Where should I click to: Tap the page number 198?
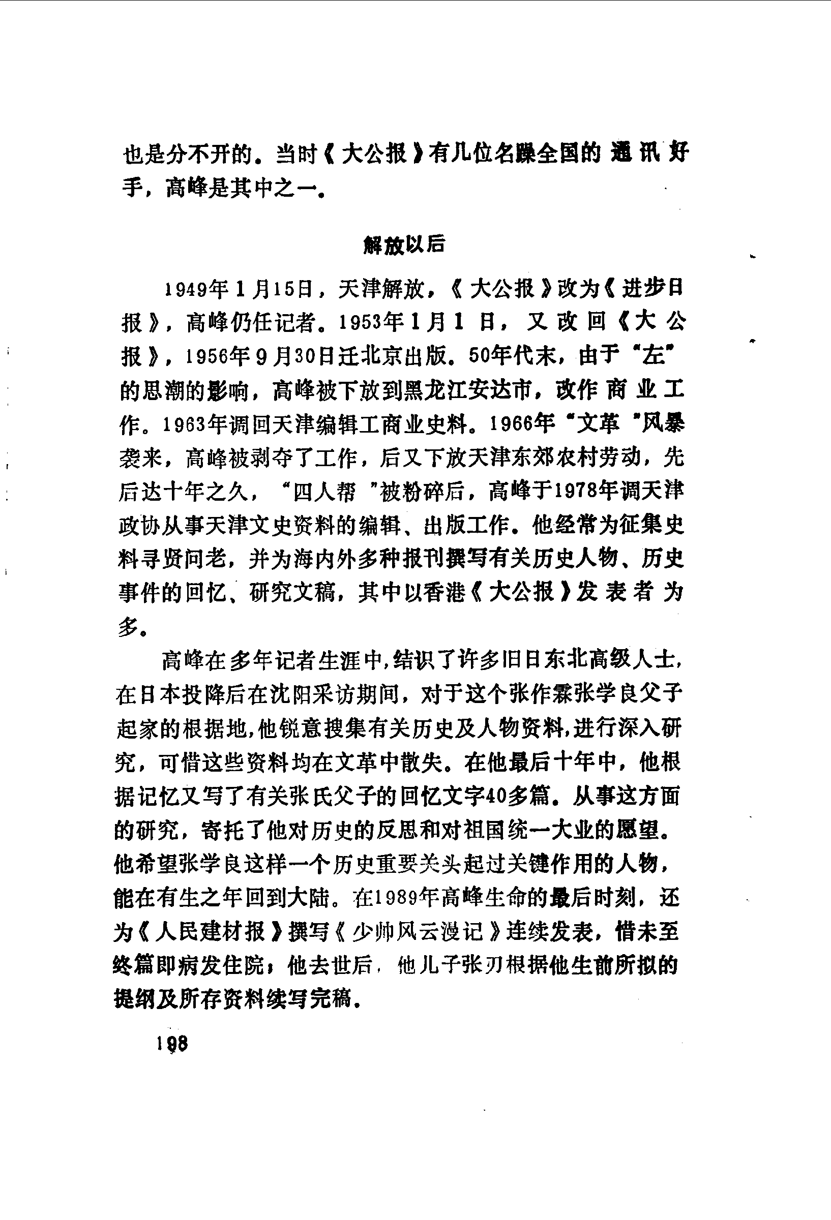(172, 1044)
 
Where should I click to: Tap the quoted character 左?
(654, 356)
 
